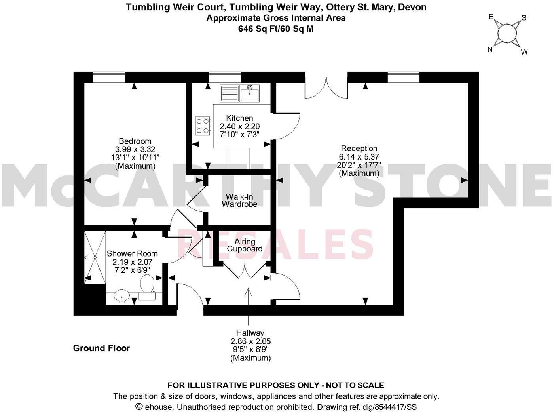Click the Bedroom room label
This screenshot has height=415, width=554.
click(x=135, y=141)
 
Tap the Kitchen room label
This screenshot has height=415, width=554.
click(x=239, y=118)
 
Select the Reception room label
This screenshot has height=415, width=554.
click(x=359, y=148)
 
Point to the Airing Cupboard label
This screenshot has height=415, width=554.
click(x=245, y=245)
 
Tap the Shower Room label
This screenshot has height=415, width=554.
click(x=132, y=253)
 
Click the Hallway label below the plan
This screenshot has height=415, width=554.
click(x=250, y=333)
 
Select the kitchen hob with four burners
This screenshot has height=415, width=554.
click(x=203, y=126)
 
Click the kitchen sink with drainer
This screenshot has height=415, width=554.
click(x=240, y=94)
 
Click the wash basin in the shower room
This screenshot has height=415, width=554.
click(x=121, y=296)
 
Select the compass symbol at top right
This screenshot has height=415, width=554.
click(x=507, y=34)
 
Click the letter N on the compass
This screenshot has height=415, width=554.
click(x=490, y=49)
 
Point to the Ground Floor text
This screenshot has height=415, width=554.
click(x=101, y=348)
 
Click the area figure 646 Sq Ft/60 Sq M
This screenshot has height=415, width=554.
click(x=276, y=29)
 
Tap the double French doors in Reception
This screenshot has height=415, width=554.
click(x=326, y=88)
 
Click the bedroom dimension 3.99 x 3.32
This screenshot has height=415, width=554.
click(x=135, y=149)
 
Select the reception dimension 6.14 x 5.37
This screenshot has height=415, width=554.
click(x=359, y=157)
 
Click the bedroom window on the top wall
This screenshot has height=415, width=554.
click(x=109, y=78)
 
